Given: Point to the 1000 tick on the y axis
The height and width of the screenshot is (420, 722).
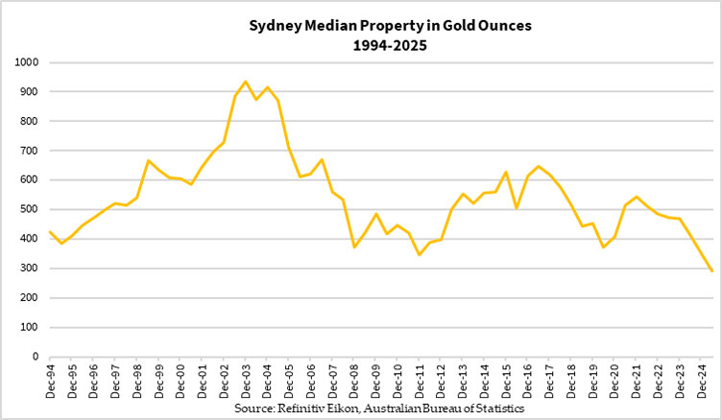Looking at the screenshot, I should pyautogui.click(x=27, y=62).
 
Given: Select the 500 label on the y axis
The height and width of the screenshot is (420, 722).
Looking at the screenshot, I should pyautogui.click(x=30, y=209).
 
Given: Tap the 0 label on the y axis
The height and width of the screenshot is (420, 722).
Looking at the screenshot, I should pyautogui.click(x=36, y=356).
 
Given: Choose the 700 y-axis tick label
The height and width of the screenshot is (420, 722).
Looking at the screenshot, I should pyautogui.click(x=30, y=151).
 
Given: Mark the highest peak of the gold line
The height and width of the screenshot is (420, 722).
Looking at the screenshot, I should pyautogui.click(x=246, y=82).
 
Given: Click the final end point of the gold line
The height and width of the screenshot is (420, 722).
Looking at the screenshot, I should pyautogui.click(x=711, y=271).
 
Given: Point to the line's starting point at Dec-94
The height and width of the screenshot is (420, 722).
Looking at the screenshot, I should pyautogui.click(x=50, y=232).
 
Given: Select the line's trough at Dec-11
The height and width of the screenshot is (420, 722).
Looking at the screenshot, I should pyautogui.click(x=420, y=254).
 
